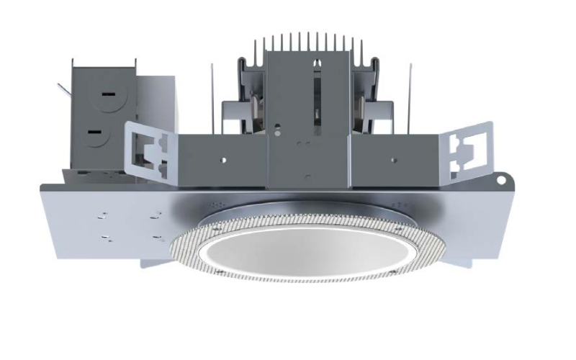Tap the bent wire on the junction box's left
pyautogui.click(x=63, y=89)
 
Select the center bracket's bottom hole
pyautogui.click(x=307, y=174)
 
